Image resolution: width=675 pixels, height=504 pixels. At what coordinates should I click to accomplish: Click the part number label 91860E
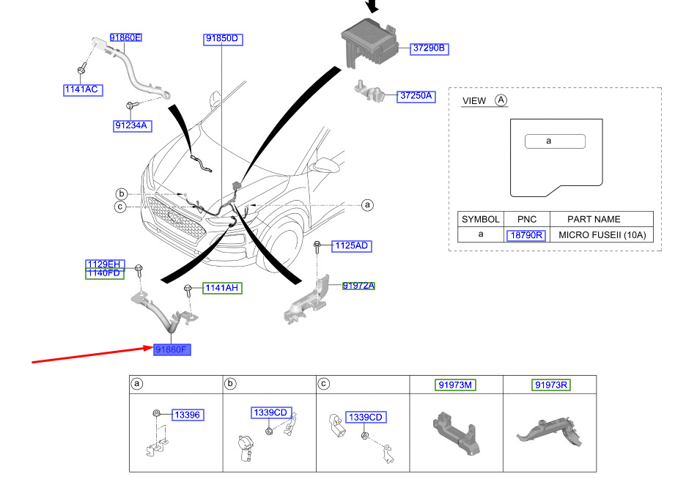click(x=125, y=37)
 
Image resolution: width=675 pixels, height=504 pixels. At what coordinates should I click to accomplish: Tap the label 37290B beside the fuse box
click(x=429, y=49)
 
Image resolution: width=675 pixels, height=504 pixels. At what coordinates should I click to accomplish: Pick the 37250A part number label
click(x=416, y=96)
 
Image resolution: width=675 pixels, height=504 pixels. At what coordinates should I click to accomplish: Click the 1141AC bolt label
click(x=82, y=89)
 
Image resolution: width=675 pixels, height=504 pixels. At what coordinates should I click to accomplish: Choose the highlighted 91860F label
click(x=172, y=350)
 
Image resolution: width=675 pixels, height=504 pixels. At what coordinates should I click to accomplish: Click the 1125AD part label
click(x=351, y=245)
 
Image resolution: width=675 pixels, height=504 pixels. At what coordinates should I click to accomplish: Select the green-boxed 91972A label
click(x=358, y=286)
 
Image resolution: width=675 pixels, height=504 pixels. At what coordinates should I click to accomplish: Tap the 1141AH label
click(x=221, y=288)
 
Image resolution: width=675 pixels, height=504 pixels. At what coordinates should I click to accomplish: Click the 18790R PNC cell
click(x=525, y=235)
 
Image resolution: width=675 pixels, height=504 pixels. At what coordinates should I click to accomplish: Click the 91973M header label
click(x=456, y=385)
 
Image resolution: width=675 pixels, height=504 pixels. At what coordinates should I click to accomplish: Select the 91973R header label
click(x=551, y=385)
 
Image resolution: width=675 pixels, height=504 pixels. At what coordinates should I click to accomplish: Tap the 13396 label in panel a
click(x=188, y=415)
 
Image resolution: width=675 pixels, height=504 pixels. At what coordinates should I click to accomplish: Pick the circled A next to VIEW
click(x=501, y=100)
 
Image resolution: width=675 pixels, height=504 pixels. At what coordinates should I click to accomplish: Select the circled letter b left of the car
click(x=122, y=193)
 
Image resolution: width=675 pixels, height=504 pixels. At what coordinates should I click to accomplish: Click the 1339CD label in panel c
click(x=364, y=417)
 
